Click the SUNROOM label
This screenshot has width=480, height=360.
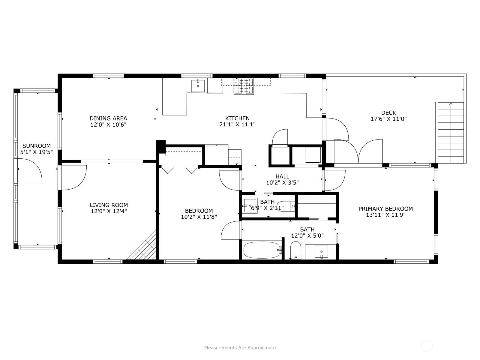coord(37,146)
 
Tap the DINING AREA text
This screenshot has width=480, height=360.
coord(108,118)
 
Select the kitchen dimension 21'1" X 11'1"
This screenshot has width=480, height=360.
coord(238,124)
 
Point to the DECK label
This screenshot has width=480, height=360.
coord(388,113)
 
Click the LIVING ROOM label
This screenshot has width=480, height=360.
coord(109,205)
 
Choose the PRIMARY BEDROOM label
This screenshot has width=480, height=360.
coord(385,209)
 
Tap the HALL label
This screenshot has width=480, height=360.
coord(282,176)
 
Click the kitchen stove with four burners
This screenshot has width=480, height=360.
coord(244,86)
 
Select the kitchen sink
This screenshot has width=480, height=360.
coord(198,86)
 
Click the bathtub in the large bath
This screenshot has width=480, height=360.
coord(262,250)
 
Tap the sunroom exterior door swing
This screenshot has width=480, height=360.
coord(30,171)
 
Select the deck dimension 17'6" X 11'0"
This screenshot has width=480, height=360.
coord(388,119)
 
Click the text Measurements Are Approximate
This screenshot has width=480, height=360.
coord(240,347)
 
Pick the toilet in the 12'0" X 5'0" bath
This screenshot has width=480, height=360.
coord(296,250)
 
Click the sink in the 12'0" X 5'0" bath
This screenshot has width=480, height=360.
coord(322,252)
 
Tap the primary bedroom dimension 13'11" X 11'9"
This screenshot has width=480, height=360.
coord(386,215)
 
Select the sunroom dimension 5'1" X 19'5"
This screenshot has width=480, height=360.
coord(37,152)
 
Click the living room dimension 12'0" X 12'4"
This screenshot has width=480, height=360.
coord(109,211)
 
